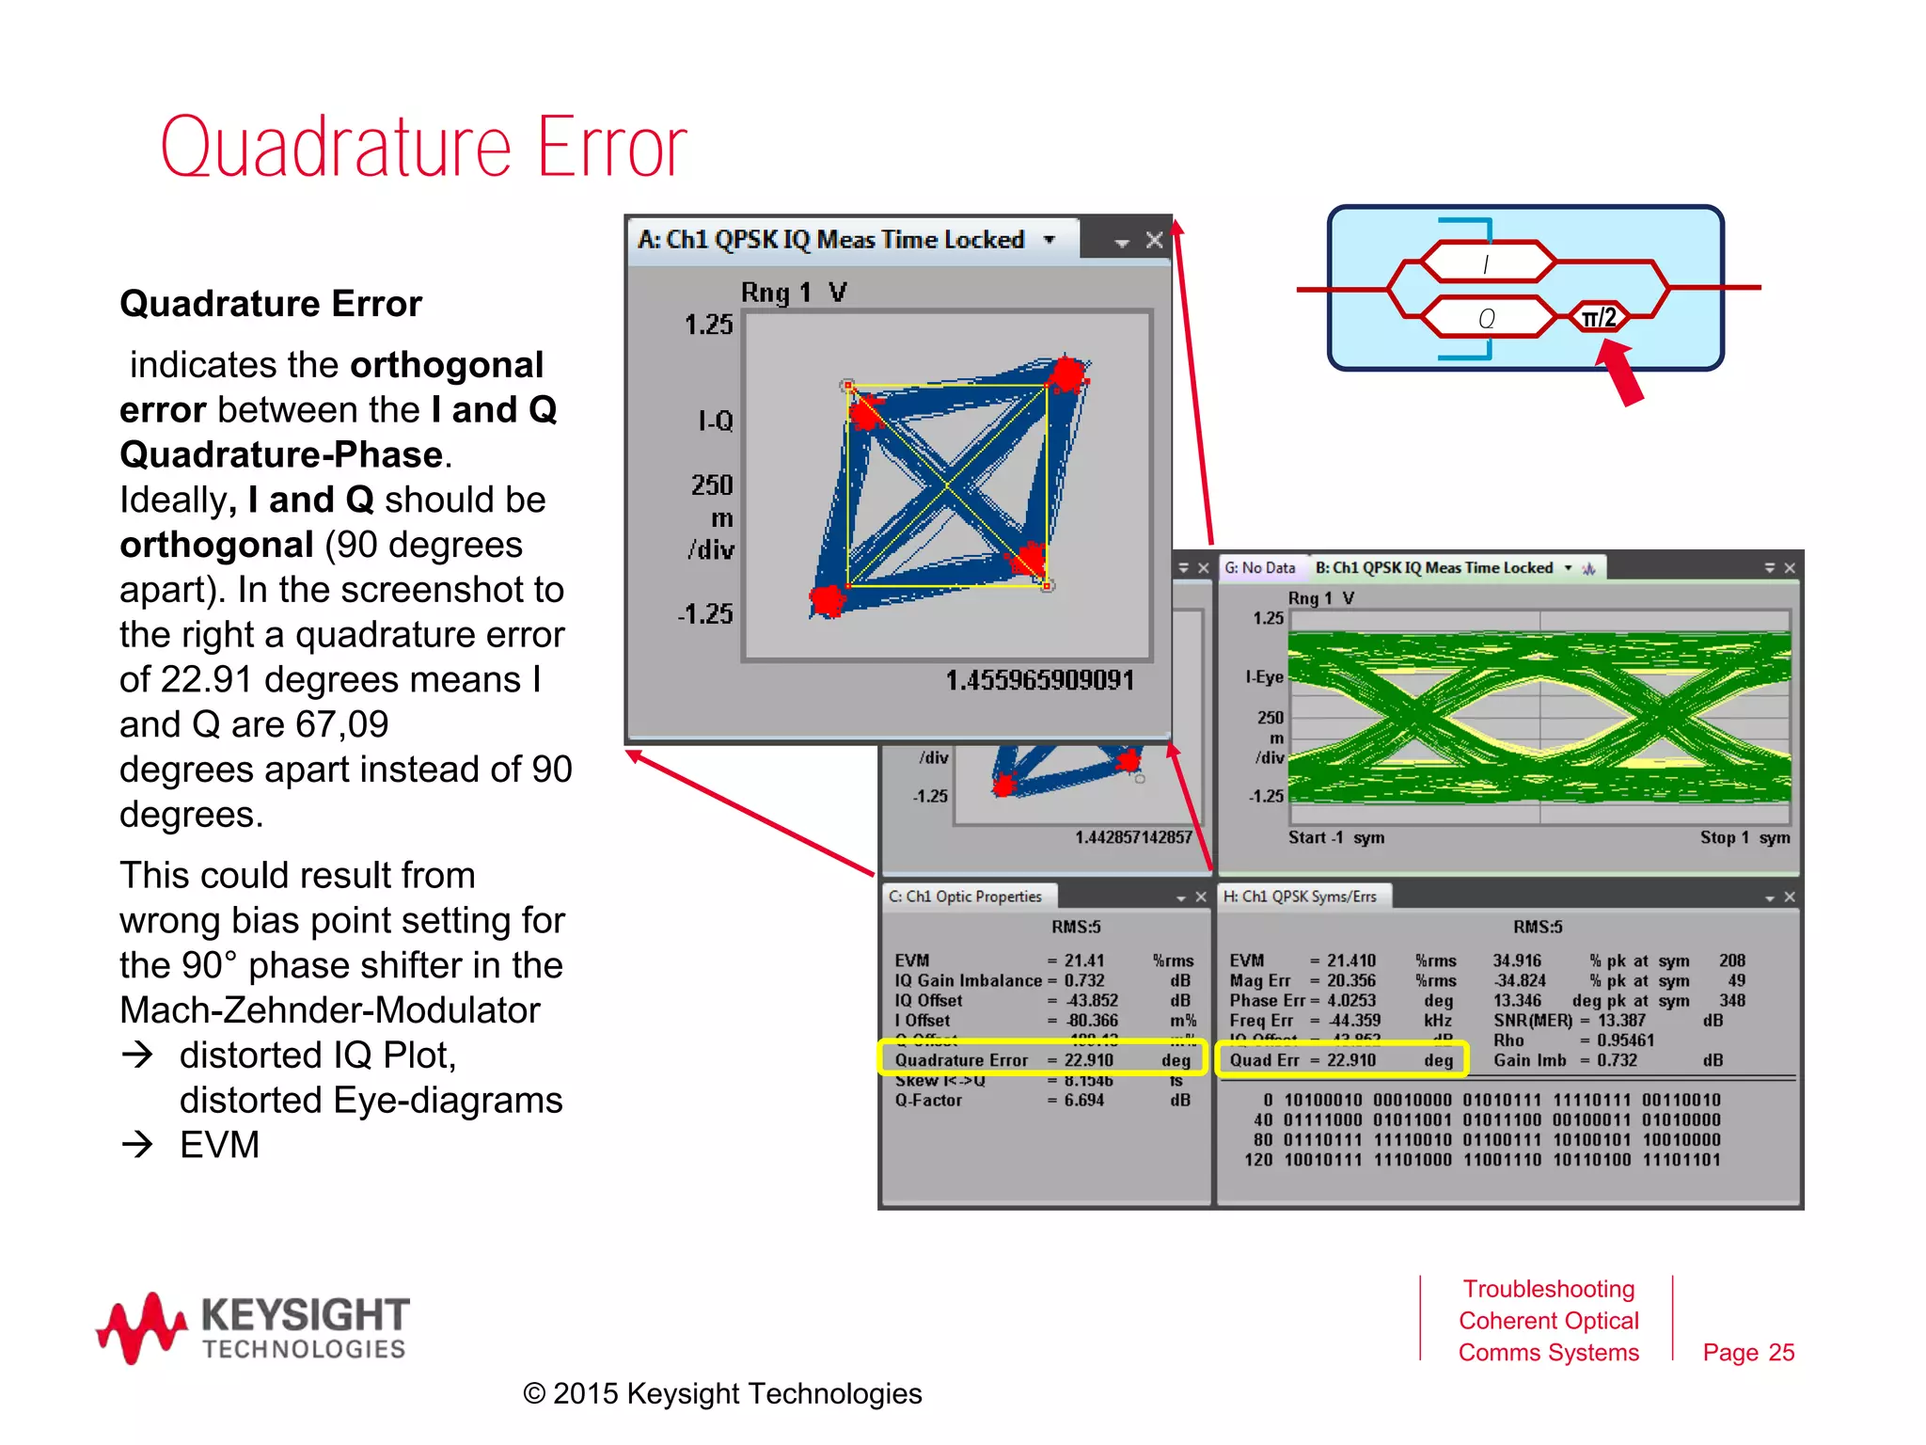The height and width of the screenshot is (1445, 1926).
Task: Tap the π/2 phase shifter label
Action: pos(1598,318)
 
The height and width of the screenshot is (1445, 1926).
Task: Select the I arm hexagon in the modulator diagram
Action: pos(1486,262)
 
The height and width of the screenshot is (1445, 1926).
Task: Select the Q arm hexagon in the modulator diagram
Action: pos(1486,318)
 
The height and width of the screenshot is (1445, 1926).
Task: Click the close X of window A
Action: pos(1154,241)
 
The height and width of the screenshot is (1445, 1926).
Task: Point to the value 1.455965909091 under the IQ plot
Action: pos(1039,680)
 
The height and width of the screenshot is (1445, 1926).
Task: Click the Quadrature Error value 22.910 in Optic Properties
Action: pos(1088,1060)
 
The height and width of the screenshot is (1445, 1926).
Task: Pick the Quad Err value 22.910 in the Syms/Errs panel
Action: pos(1351,1060)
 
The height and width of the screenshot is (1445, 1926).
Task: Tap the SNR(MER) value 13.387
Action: pos(1621,1021)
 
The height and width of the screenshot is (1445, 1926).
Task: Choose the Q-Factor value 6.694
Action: pos(1084,1100)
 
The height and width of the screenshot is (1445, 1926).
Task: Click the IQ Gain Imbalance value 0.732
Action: pos(1084,980)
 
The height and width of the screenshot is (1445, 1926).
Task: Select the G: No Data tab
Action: pos(1259,568)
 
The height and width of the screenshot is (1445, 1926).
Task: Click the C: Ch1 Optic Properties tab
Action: pos(965,897)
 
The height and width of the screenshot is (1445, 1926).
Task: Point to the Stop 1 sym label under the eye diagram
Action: pos(1744,837)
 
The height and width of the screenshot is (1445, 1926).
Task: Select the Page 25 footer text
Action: pos(1748,1352)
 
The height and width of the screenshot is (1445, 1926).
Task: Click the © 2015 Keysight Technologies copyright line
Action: pos(722,1393)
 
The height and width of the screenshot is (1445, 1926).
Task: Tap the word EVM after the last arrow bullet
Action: pos(219,1145)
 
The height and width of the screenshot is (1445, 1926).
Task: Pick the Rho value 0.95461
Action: pos(1625,1040)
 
